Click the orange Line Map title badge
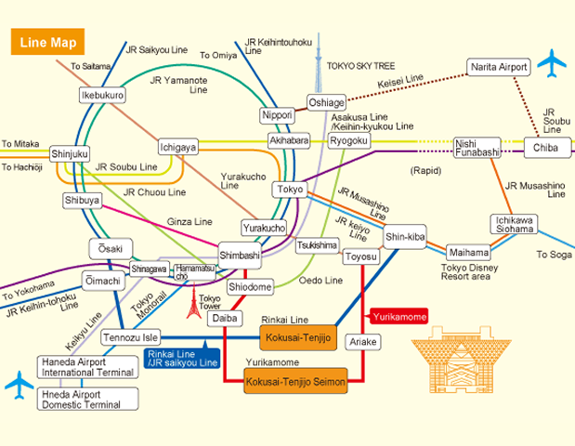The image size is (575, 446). pyautogui.click(x=46, y=43)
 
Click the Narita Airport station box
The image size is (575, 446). pyautogui.click(x=498, y=67)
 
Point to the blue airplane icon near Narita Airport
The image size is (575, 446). pyautogui.click(x=552, y=63)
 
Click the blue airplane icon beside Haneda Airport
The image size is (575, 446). pyautogui.click(x=19, y=383)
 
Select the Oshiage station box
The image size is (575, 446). pyautogui.click(x=326, y=102)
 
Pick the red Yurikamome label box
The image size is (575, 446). pyautogui.click(x=399, y=316)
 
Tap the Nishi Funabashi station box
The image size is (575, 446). pyautogui.click(x=477, y=147)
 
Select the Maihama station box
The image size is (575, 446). pyautogui.click(x=468, y=252)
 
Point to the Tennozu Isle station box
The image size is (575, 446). pyautogui.click(x=131, y=336)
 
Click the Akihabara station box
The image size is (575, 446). pyautogui.click(x=288, y=140)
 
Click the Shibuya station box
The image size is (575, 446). pyautogui.click(x=82, y=201)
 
